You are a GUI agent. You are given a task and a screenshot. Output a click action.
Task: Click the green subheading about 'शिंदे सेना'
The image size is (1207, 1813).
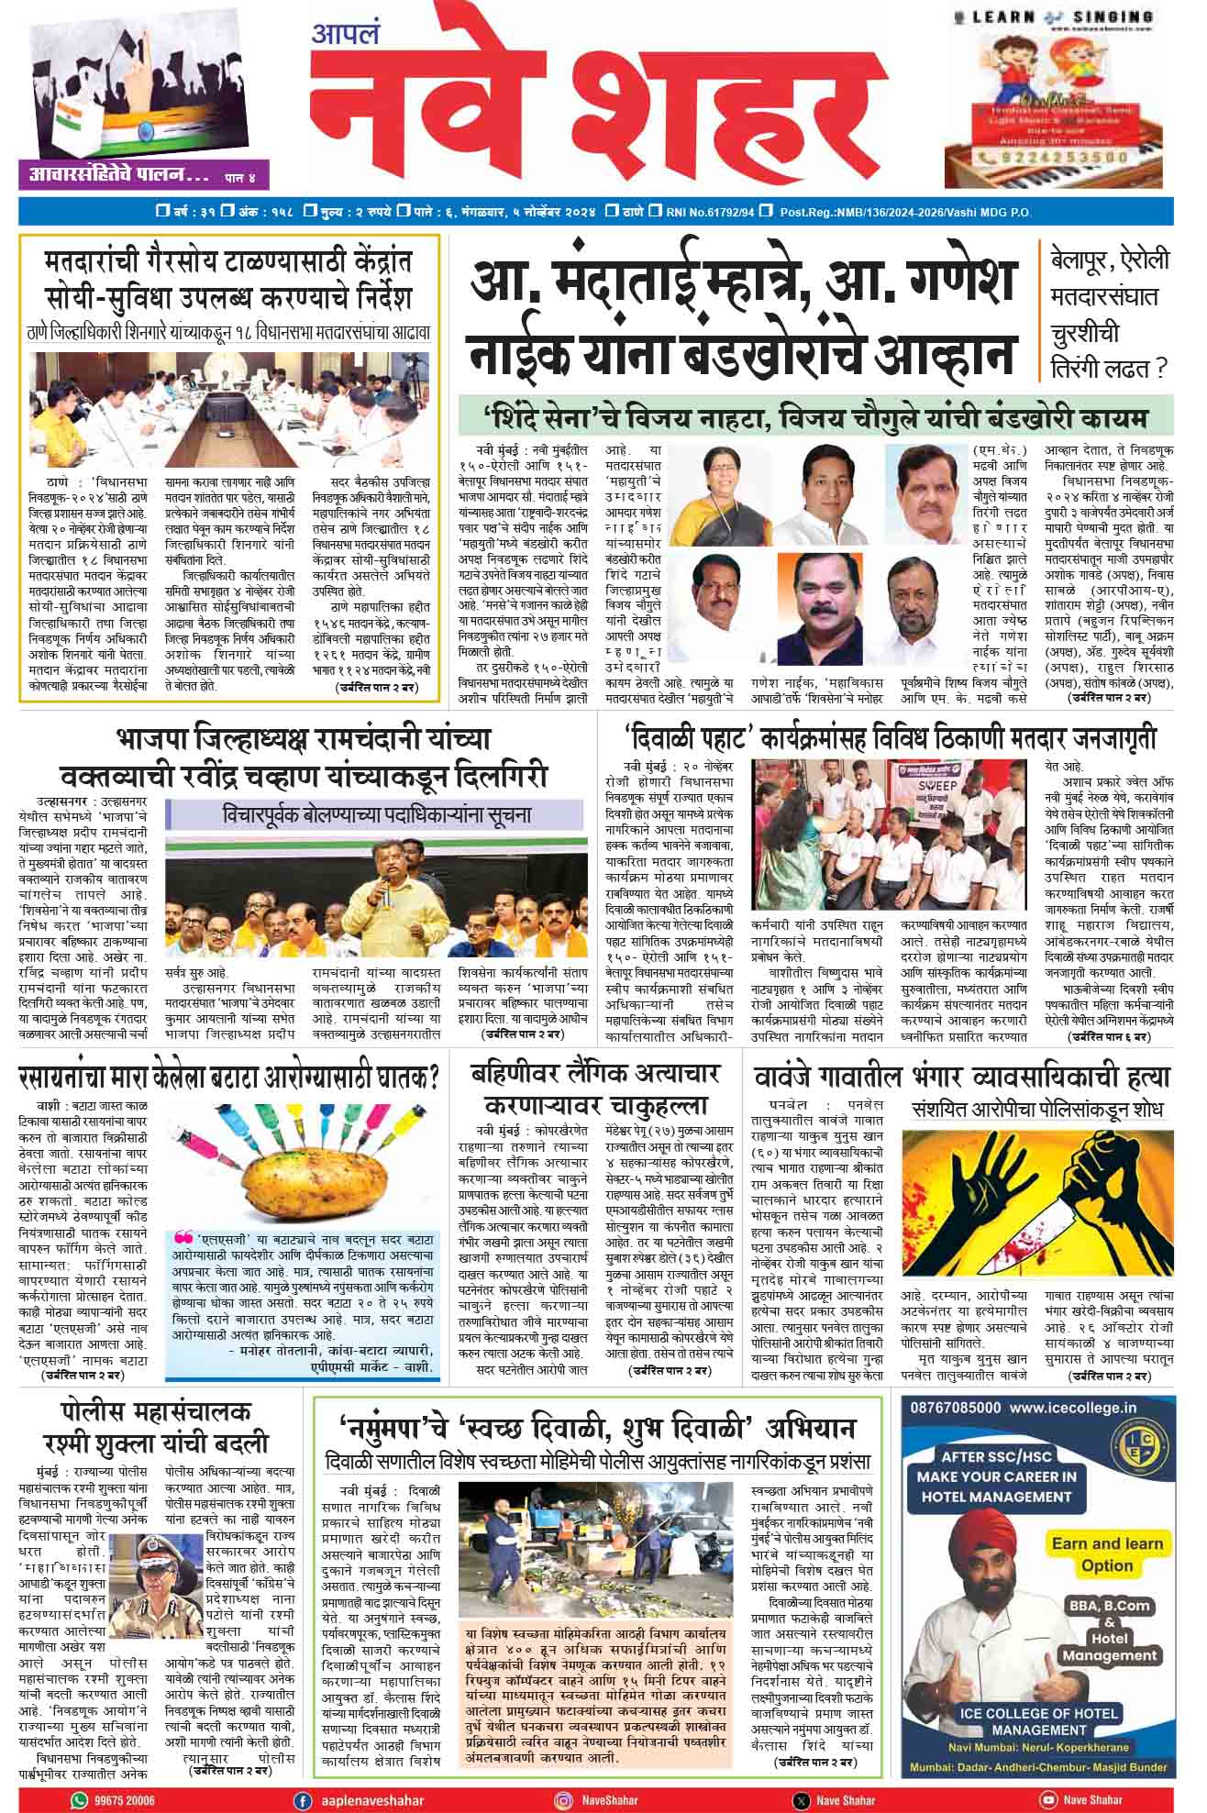pyautogui.click(x=816, y=417)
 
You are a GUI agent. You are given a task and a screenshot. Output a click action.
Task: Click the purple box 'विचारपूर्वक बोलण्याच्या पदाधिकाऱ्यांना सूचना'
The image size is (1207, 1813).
pyautogui.click(x=376, y=814)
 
